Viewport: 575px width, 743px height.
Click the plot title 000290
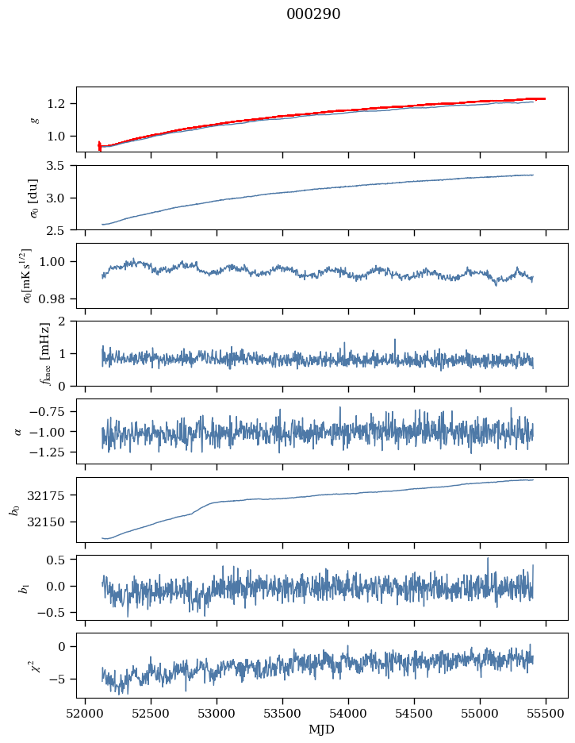tap(313, 14)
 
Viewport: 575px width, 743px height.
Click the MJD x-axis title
tap(321, 730)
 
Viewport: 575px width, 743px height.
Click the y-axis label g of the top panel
tap(34, 119)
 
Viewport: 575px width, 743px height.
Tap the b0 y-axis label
tap(14, 510)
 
